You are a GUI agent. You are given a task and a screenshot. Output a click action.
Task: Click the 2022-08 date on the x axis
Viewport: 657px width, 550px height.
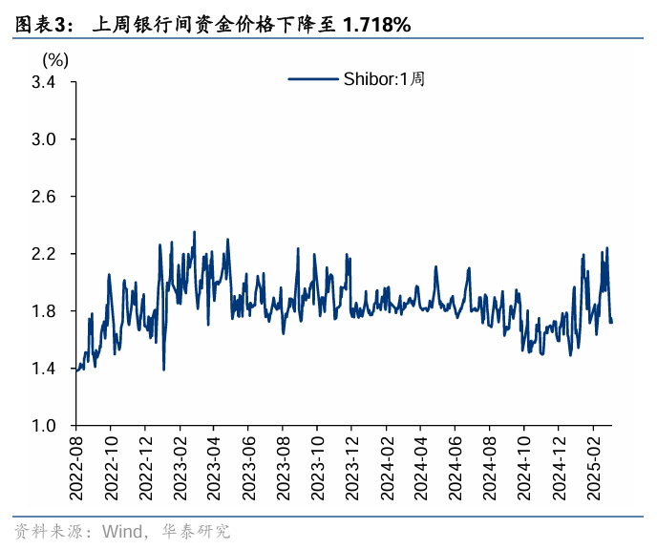click(76, 469)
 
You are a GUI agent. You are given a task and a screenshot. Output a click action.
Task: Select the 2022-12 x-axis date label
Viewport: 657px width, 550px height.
click(145, 469)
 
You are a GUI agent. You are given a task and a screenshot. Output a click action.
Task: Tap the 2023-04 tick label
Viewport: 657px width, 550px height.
click(214, 469)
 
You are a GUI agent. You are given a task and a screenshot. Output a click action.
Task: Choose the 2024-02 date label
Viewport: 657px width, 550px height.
click(386, 469)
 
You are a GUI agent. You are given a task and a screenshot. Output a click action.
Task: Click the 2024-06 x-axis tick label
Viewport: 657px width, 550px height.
click(455, 469)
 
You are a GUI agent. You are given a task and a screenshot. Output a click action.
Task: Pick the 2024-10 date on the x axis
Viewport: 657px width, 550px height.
click(523, 469)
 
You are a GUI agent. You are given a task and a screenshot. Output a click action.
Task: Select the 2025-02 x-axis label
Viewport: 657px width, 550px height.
click(592, 469)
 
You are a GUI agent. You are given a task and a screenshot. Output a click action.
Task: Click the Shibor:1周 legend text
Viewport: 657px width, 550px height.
click(383, 79)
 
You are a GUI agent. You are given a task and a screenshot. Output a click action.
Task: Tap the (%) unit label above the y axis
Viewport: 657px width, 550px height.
click(55, 59)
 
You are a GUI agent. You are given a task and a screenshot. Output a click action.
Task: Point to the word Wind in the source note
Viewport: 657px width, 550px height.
click(121, 531)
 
